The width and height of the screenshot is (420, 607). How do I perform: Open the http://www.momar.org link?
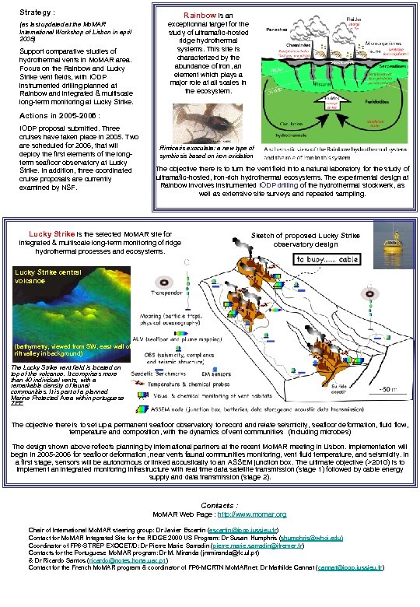(251, 514)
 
